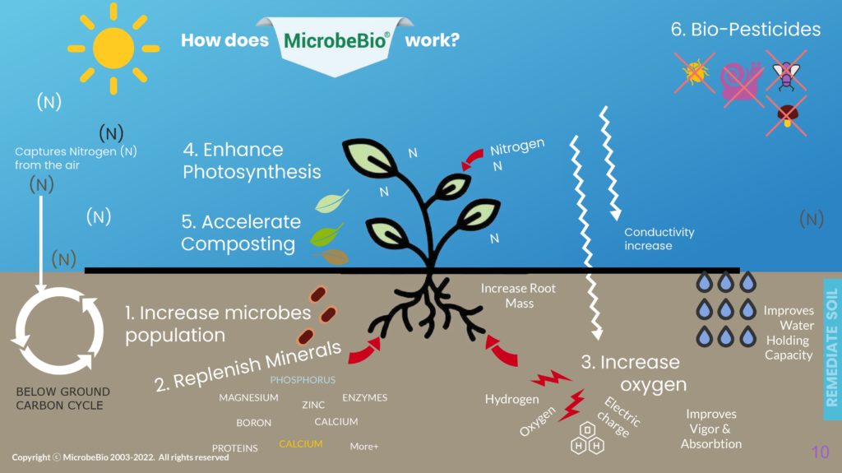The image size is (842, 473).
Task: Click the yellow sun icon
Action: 113,48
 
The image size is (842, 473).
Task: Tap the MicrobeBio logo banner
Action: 336,41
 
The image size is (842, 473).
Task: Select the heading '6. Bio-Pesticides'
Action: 745,30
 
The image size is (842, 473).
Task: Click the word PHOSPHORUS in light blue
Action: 303,380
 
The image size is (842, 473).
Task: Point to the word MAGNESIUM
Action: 248,398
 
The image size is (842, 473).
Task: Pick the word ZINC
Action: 313,405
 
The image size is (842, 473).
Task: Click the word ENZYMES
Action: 364,398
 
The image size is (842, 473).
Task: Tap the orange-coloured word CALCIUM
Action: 300,444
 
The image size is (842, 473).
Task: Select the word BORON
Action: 253,423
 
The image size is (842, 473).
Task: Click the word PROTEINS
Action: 235,448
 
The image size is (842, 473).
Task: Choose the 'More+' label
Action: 364,447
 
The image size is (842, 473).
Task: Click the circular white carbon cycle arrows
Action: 58,329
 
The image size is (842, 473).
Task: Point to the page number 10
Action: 820,452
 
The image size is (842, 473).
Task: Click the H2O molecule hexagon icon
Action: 588,439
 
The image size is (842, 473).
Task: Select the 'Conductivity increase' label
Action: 659,239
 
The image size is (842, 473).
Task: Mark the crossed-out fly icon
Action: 786,72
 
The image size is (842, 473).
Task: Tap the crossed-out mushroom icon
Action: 785,115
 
